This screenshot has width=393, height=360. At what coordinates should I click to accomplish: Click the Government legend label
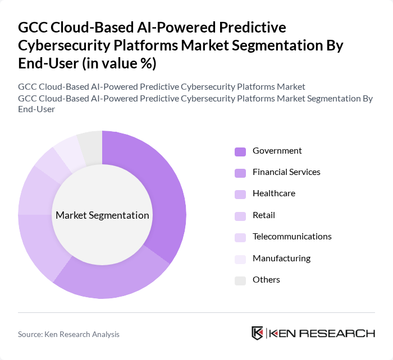tap(277, 151)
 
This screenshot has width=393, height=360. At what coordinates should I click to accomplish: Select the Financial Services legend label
tap(286, 172)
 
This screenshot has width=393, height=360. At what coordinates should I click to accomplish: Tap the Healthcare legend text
tap(274, 193)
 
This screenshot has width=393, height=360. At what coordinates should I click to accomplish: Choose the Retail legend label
tap(264, 215)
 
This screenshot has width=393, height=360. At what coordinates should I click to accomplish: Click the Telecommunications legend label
tap(292, 237)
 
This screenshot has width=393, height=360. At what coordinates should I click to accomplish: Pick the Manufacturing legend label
tap(281, 259)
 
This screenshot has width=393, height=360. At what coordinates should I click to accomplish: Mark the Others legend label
tap(266, 280)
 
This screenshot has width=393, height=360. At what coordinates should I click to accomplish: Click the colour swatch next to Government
tap(240, 151)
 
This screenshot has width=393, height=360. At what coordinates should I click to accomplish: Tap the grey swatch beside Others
tap(240, 280)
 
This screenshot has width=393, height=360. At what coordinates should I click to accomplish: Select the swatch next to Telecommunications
tap(240, 237)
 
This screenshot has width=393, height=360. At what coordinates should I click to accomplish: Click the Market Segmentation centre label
tap(102, 215)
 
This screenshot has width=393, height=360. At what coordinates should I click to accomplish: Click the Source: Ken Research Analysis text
tap(68, 334)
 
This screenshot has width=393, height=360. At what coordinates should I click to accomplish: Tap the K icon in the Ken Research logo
tap(258, 333)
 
